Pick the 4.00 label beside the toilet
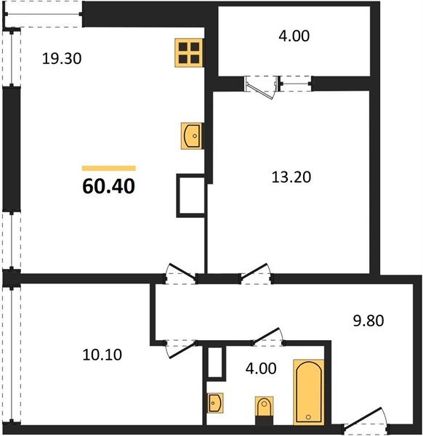coord(261,368)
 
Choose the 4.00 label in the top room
coord(294,35)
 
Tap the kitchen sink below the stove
coord(192,135)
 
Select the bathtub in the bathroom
coord(308,392)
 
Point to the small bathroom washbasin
coord(214,402)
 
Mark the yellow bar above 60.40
coord(108,168)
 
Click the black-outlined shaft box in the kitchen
coord(192,195)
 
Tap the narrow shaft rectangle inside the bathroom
coord(214,362)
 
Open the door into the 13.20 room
coord(257,274)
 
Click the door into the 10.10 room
coord(177,347)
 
